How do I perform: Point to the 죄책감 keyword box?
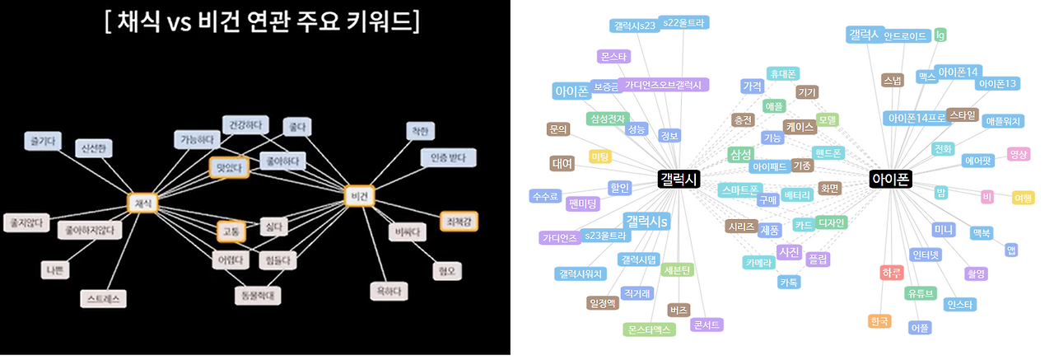pos(458,221)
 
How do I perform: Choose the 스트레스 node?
pos(103,298)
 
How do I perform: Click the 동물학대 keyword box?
pos(258,293)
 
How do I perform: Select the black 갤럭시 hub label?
pos(679,180)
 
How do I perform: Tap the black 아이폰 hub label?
pos(891,180)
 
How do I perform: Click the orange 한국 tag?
pos(879,320)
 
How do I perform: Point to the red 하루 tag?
pos(892,273)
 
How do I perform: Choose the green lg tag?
pos(940,35)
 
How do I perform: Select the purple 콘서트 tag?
pos(707,325)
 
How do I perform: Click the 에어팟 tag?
pos(977,161)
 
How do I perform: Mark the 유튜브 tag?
pos(920,292)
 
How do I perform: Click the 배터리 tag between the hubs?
pos(797,195)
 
